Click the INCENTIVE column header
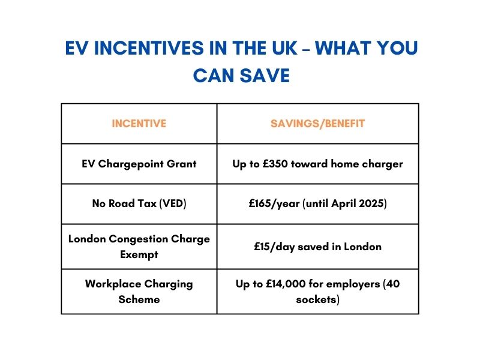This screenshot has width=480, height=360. click(139, 124)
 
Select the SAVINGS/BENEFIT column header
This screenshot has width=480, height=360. click(317, 124)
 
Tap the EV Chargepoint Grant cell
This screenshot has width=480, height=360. click(139, 164)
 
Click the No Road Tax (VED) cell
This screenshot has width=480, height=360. click(139, 204)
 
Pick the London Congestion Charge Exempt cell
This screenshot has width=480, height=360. click(139, 247)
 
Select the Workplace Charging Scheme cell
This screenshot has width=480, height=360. click(139, 291)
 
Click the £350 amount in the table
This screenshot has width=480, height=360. click(274, 164)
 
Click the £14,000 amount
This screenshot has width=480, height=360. click(280, 284)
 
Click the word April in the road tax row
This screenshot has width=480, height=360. click(343, 204)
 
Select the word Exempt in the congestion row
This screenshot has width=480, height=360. click(139, 254)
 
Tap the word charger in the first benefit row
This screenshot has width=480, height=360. click(384, 164)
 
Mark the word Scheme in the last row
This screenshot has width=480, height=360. click(139, 299)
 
